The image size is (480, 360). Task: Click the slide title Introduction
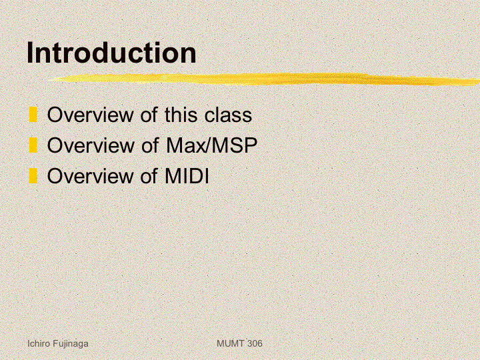(x=111, y=53)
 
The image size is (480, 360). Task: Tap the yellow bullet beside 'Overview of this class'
(x=33, y=115)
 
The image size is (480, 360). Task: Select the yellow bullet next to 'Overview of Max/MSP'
(x=33, y=145)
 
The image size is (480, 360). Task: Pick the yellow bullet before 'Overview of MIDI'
(x=33, y=176)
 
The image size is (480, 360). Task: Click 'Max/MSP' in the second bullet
(x=211, y=145)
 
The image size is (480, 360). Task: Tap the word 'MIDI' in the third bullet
(x=187, y=176)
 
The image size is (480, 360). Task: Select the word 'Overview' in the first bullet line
(x=90, y=115)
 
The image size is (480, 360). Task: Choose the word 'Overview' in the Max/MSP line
(x=90, y=145)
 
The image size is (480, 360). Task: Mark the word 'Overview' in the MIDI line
(x=90, y=176)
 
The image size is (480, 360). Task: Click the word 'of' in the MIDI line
(x=149, y=176)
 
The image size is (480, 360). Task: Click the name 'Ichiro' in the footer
(x=39, y=343)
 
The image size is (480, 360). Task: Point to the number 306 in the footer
(x=255, y=343)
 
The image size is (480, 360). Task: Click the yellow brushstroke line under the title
(x=265, y=79)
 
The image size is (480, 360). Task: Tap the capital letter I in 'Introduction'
(x=30, y=53)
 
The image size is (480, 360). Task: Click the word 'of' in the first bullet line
(x=149, y=115)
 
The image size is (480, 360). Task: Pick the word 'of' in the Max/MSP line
(x=149, y=145)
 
